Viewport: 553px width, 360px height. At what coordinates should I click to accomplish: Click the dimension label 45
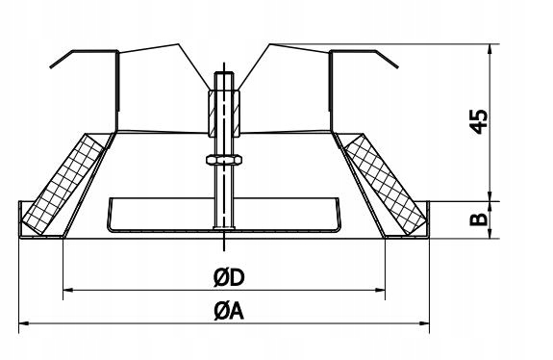point(480,121)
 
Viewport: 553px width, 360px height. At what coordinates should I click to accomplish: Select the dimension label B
point(479,219)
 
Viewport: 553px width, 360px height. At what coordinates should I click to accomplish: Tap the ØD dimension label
point(229,278)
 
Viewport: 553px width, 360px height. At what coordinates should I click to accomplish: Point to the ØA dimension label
point(229,312)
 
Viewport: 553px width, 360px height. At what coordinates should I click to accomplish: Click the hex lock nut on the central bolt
point(224,160)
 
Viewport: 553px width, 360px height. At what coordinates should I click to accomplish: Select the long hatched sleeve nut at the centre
point(224,114)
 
